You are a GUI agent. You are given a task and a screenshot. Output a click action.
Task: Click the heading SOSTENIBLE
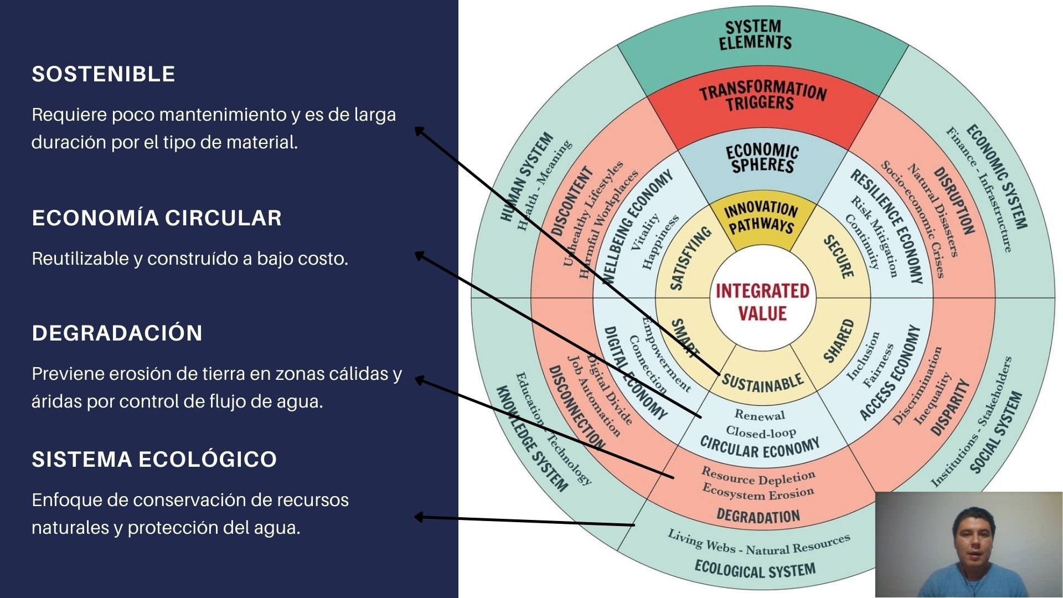(x=104, y=74)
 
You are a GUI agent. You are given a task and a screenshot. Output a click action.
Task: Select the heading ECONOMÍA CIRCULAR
(x=157, y=218)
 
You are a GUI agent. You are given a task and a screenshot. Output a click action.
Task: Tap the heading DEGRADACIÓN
(x=117, y=333)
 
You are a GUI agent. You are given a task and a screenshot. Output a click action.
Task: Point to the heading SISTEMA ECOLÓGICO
(x=154, y=460)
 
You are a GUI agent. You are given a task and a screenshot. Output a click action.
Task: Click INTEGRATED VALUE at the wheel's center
(x=762, y=302)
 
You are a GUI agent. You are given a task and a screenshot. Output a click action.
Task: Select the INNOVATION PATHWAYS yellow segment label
(x=761, y=217)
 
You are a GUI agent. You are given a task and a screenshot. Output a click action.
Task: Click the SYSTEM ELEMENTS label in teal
(x=755, y=34)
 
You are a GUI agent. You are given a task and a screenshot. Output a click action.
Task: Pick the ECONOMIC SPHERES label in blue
(x=762, y=158)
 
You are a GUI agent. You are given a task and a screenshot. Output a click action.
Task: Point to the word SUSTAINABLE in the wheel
(x=762, y=383)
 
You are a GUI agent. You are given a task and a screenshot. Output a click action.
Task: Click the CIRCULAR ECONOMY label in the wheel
(x=760, y=448)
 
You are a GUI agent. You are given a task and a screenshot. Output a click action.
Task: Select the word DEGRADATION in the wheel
(x=758, y=516)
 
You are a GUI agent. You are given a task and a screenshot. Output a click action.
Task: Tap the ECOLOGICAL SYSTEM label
(x=755, y=569)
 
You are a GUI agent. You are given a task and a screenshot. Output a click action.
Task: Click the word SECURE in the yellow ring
(x=838, y=256)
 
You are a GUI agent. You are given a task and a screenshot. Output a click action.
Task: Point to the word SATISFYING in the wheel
(x=690, y=258)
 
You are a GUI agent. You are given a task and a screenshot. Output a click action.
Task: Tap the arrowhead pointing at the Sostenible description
(x=419, y=131)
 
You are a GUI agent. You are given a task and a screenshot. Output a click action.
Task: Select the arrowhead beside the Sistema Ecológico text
(x=419, y=517)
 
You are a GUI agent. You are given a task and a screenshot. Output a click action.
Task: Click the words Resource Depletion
(x=758, y=476)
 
